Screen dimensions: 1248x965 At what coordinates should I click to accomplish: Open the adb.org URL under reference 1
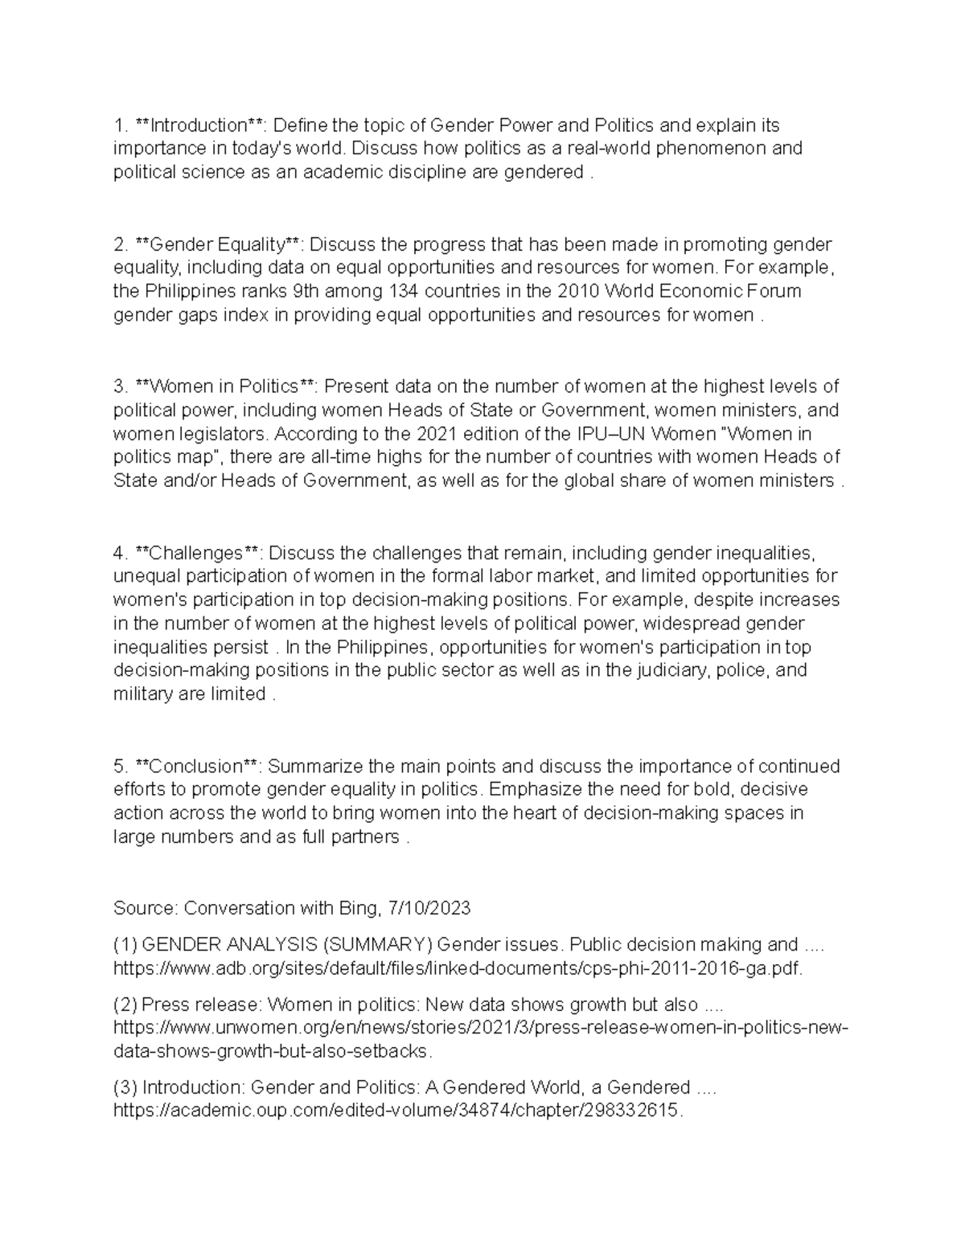458,968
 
